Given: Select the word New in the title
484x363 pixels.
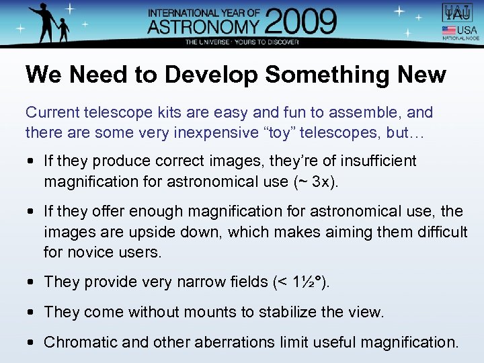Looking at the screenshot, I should point(421,75).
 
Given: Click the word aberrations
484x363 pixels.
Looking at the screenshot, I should point(221,342).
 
